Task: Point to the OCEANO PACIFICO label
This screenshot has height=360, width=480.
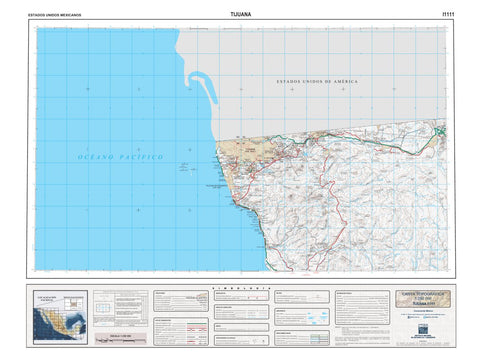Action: click(x=121, y=158)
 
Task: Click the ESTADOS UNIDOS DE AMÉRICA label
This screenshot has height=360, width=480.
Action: click(x=317, y=81)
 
